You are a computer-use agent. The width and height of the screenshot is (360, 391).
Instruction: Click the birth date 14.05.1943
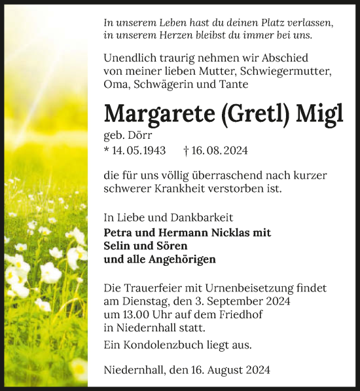[x=139, y=151]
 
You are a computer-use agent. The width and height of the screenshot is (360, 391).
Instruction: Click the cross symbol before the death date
[x=187, y=151]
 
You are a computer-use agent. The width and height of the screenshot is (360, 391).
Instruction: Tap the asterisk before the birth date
[x=107, y=151]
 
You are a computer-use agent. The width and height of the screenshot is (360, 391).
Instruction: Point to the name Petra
[x=119, y=233]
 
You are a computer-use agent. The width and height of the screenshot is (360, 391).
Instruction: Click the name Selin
[x=118, y=246]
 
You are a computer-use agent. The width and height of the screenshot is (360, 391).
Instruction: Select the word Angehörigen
[x=179, y=259]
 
